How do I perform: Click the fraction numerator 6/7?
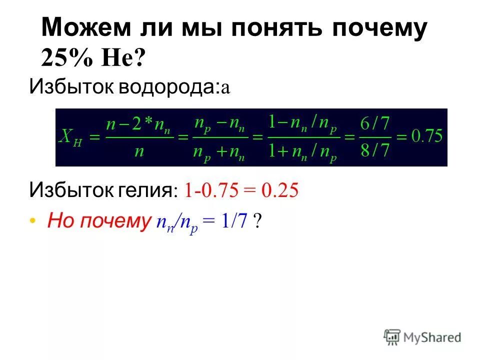coord(374,122)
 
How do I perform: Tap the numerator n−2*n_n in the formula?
coord(137,123)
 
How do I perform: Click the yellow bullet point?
coord(33,220)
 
